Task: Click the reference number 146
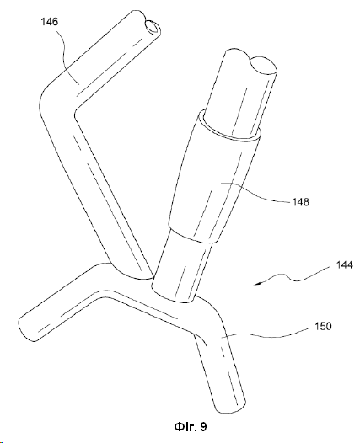tap(50, 21)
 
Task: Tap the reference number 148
tap(301, 202)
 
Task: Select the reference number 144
tap(345, 265)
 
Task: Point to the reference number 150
tap(323, 326)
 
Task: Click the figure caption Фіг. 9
tap(191, 427)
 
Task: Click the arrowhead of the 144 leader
tap(257, 284)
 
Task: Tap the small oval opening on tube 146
tap(153, 28)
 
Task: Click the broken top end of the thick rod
tap(250, 62)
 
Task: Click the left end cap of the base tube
tap(26, 328)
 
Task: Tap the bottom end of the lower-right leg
tap(230, 407)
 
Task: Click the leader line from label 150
tap(266, 335)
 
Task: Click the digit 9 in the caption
tap(204, 427)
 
